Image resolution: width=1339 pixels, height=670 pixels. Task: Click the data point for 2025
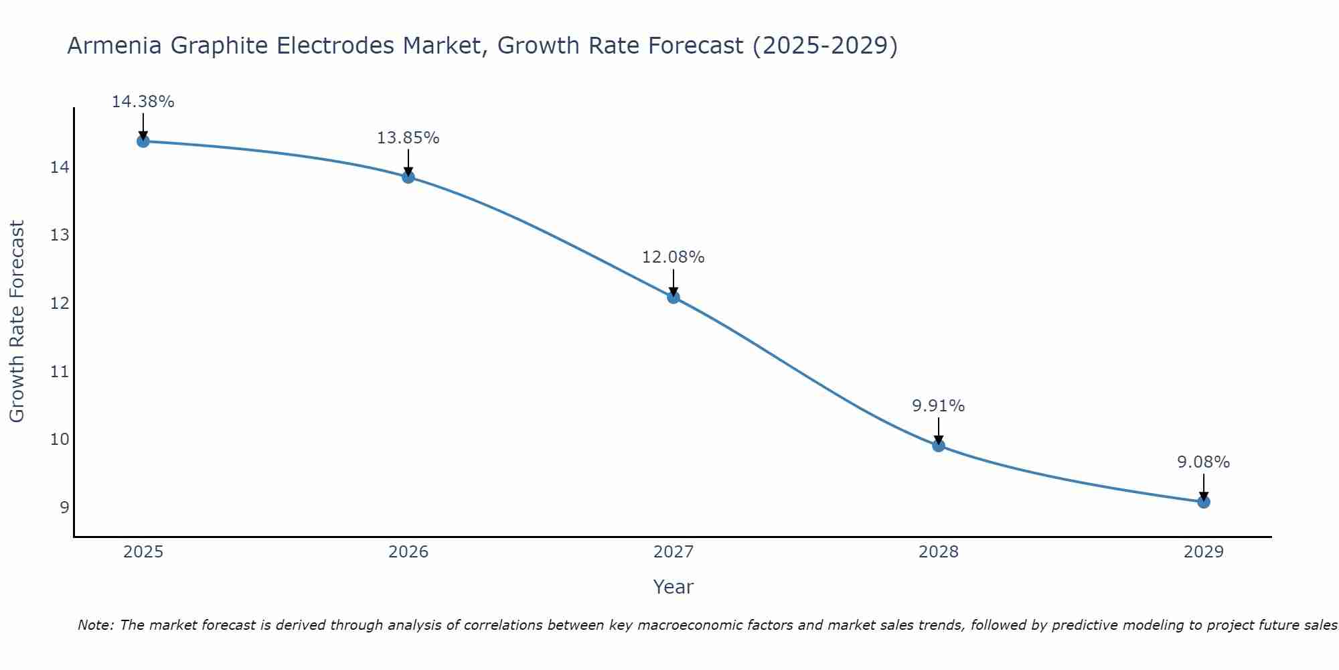tap(143, 141)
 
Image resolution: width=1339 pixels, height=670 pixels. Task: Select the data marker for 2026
tap(408, 177)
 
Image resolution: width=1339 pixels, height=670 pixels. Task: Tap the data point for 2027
tap(674, 297)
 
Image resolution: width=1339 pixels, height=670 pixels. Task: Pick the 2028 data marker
tap(939, 446)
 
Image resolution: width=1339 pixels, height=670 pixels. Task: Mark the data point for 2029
tap(1204, 502)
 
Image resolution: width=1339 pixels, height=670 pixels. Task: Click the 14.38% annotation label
tap(143, 102)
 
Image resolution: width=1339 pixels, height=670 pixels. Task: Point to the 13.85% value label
tap(408, 138)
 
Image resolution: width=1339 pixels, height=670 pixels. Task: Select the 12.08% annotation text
tap(673, 257)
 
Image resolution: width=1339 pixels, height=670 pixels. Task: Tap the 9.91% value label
tap(938, 406)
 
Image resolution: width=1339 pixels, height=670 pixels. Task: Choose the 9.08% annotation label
tap(1203, 462)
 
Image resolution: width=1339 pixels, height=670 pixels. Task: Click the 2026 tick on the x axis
tap(408, 552)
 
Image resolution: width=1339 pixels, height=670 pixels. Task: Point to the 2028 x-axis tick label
tap(939, 552)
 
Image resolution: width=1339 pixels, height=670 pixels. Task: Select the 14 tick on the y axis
tap(60, 167)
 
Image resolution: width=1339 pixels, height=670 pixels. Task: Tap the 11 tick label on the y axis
tap(60, 371)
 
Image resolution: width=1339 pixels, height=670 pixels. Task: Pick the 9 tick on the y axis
tap(64, 507)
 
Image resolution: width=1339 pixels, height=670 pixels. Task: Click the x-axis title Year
tap(673, 587)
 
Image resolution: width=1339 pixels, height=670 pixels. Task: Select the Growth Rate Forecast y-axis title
tap(17, 322)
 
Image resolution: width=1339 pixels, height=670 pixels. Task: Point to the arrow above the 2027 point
tap(674, 282)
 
